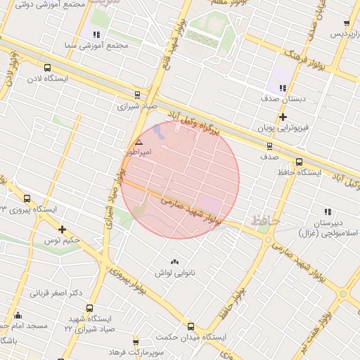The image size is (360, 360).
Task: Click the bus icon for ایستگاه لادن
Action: pos(47,68)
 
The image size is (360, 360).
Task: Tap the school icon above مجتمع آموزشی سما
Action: pos(96,34)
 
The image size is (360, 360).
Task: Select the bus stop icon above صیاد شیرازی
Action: pos(137,95)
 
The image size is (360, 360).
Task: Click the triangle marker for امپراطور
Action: pos(139,142)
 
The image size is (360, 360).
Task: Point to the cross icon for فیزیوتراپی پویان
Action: pos(283,117)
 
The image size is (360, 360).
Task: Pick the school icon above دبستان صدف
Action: pos(282,88)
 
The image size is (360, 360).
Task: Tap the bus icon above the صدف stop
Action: pos(269,146)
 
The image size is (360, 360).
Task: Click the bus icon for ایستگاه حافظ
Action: pos(300,162)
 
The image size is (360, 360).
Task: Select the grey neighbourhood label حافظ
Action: pos(265,221)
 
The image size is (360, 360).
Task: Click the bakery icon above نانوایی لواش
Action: pos(174,262)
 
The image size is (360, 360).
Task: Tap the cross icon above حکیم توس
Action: pos(63,229)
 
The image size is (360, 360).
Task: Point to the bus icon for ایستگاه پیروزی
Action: pos(27,198)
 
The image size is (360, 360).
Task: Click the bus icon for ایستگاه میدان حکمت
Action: pos(191,326)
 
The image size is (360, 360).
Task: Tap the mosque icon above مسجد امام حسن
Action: pos(18,315)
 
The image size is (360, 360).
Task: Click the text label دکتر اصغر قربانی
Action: pos(56,292)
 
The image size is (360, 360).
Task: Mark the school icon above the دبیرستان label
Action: pos(327,211)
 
